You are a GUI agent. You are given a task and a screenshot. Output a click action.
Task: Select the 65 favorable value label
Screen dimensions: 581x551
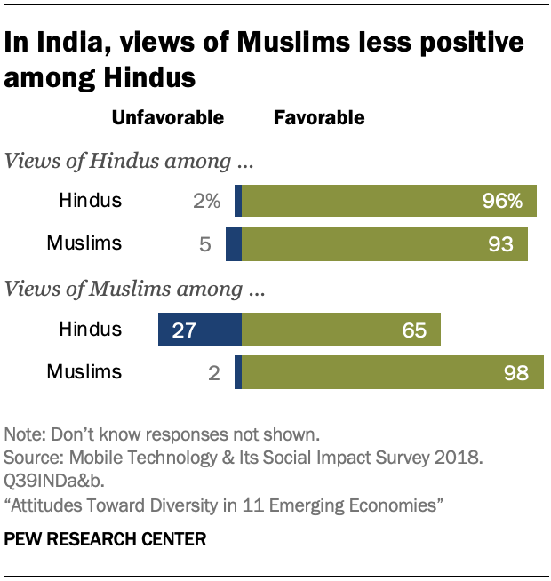[x=413, y=330]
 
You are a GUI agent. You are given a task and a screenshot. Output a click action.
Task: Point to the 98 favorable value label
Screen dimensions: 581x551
[x=515, y=372]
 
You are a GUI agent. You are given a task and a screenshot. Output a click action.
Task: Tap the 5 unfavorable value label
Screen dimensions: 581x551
[x=204, y=243]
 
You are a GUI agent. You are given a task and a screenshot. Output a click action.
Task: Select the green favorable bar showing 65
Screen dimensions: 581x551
[x=341, y=330]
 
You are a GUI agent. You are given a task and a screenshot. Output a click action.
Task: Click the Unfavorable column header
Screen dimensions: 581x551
[x=167, y=117]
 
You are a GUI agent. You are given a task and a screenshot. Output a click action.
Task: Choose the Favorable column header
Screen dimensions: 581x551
[x=319, y=117]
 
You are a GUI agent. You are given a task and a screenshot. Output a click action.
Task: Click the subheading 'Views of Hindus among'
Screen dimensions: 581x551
[x=131, y=163]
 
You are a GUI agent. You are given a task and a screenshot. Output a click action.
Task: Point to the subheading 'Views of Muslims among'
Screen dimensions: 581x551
[x=137, y=289]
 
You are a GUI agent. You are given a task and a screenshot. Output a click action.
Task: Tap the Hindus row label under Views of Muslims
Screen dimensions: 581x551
[x=90, y=330]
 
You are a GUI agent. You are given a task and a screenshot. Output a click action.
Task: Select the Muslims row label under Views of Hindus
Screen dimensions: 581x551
[x=84, y=243]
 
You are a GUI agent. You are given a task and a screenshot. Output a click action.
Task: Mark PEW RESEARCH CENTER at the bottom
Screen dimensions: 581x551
[x=106, y=539]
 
